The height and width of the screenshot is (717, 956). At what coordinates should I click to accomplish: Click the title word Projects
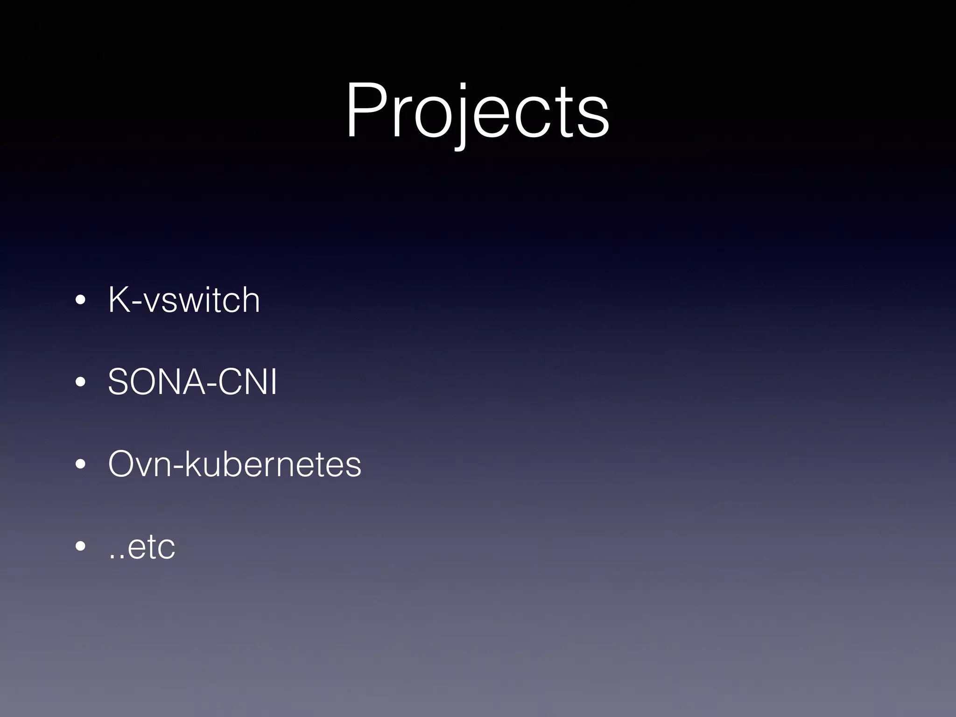tap(477, 112)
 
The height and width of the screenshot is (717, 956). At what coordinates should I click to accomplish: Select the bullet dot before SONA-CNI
tap(81, 382)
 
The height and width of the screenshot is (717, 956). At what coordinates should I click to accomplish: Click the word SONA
tap(155, 382)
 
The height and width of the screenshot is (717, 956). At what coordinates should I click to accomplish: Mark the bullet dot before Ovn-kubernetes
tap(81, 464)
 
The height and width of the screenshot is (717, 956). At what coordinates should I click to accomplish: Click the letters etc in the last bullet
tap(150, 547)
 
